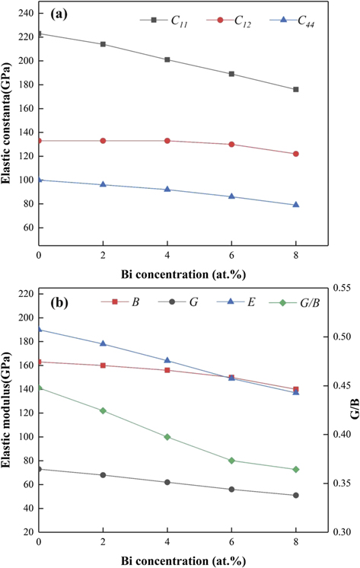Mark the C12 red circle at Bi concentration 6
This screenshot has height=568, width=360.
coord(231,145)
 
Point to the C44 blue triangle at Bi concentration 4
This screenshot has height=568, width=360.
coord(167,190)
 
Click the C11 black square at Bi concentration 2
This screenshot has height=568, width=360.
coord(103,44)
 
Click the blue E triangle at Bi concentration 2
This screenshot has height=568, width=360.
coord(103,344)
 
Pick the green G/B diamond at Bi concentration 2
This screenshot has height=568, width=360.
coord(103,410)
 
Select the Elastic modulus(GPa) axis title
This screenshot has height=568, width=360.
coord(8,410)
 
